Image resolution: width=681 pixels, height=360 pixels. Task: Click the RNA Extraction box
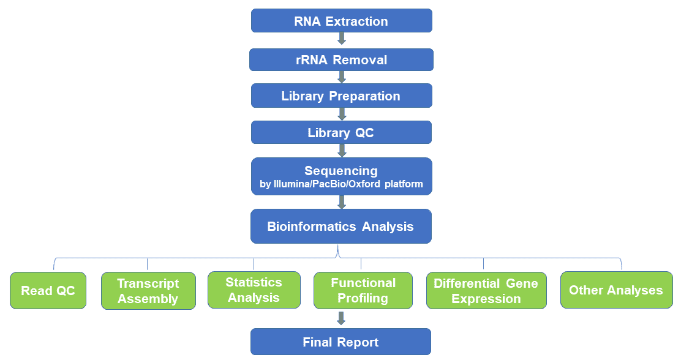[x=341, y=21]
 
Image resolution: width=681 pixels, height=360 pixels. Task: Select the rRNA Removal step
[x=341, y=59]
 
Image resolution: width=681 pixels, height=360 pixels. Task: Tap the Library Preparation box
[x=341, y=96]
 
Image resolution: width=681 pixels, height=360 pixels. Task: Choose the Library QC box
[x=341, y=132]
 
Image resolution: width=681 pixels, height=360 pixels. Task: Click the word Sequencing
[x=341, y=171]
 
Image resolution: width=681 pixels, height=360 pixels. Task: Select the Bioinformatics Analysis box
[x=341, y=227]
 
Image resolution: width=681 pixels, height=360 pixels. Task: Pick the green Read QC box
[x=48, y=291]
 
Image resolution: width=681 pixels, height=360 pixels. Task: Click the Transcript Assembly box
[x=148, y=291]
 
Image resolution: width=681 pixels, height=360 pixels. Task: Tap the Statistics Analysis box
[x=254, y=290]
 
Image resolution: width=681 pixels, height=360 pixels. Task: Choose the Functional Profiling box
[x=363, y=291]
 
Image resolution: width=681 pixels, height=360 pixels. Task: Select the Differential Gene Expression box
[x=486, y=291]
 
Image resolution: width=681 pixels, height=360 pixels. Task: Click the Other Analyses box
[x=616, y=290]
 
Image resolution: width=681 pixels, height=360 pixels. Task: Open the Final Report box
[x=341, y=342]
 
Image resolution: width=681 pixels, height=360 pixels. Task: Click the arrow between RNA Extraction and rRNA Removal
[x=342, y=39]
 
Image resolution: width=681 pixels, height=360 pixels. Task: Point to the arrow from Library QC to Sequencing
[x=342, y=150]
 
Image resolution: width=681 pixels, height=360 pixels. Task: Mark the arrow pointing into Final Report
[x=341, y=318]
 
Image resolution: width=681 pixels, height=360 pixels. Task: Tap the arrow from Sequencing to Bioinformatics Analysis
[x=342, y=203]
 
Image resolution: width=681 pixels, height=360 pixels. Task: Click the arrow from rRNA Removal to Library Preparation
[x=342, y=77]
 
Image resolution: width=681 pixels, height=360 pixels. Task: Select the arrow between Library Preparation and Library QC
[x=342, y=114]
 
